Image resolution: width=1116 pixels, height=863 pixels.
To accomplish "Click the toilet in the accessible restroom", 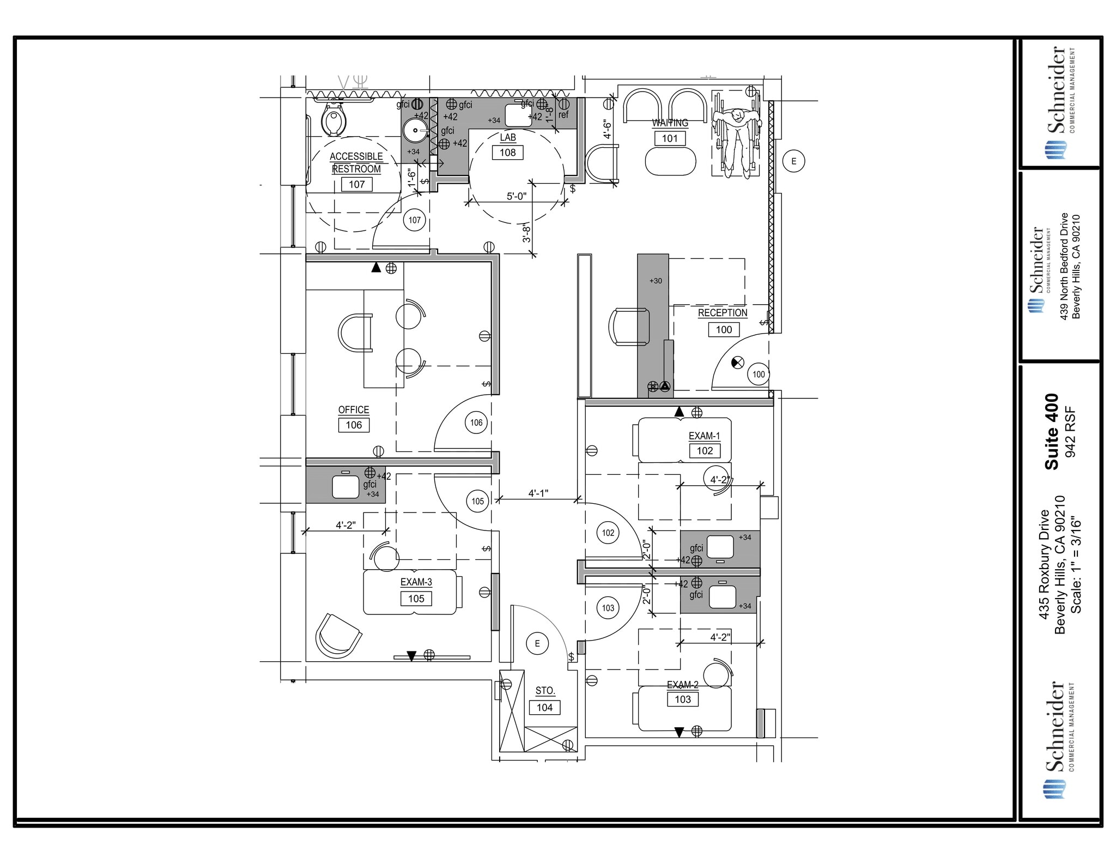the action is tap(333, 119).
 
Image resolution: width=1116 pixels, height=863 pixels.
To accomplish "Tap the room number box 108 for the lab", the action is tap(507, 153).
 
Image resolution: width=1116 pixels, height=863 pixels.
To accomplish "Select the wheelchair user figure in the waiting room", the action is tap(736, 135).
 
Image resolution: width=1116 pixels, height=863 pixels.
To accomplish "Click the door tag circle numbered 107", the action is tap(415, 220).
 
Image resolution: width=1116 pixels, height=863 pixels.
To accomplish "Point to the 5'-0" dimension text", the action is tap(517, 196).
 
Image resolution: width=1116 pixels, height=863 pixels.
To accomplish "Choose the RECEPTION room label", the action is tap(723, 313).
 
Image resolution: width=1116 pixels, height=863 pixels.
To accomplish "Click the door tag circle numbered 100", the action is tap(759, 375).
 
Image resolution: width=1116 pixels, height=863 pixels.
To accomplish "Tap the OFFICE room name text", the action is tap(354, 410).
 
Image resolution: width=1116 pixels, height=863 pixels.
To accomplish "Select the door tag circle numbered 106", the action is tap(476, 423).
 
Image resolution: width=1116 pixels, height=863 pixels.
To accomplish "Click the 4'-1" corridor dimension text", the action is tap(538, 493).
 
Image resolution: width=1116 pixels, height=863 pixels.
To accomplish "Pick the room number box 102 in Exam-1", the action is tap(705, 451).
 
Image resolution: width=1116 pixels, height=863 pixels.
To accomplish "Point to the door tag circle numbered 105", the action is tap(478, 502).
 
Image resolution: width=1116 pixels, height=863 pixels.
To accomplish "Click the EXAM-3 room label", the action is tap(416, 582).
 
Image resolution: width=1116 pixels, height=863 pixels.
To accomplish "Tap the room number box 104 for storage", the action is tap(545, 708).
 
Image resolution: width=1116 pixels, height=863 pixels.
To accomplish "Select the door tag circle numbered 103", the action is tap(608, 608).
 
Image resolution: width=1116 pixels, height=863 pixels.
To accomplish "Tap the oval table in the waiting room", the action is tap(670, 161).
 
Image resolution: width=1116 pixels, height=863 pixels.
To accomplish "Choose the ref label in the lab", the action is tap(563, 115).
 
